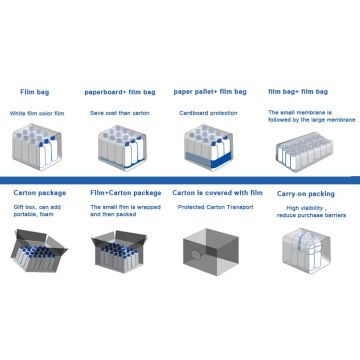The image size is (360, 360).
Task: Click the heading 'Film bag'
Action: (38, 90)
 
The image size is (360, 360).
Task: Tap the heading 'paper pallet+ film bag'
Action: (210, 90)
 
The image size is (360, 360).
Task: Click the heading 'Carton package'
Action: (41, 190)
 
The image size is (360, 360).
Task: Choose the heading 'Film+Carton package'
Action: (124, 190)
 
